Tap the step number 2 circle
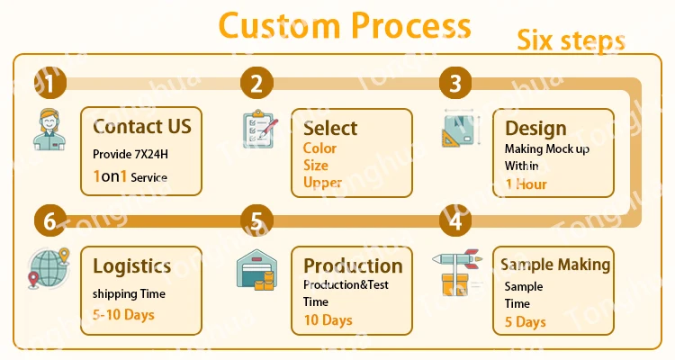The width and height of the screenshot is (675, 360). [x=256, y=85]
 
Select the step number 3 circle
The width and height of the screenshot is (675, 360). [x=455, y=85]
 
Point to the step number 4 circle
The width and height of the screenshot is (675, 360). [x=455, y=220]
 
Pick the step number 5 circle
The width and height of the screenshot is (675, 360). [x=256, y=220]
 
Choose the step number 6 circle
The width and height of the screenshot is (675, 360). [x=49, y=220]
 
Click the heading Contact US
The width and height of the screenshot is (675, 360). [x=142, y=125]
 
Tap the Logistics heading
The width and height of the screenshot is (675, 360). [x=132, y=265]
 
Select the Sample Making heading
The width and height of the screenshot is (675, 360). [x=555, y=265]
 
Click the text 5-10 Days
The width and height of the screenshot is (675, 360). [x=124, y=315]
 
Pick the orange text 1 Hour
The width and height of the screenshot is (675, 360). [x=526, y=184]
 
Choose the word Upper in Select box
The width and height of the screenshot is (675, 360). [x=321, y=183]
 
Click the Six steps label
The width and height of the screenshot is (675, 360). [x=571, y=41]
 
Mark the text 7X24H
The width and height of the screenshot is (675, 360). [x=148, y=154]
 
